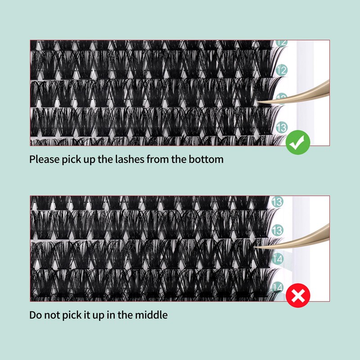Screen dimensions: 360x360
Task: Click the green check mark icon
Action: [x=298, y=142]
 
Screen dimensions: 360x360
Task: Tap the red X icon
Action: [x=298, y=295]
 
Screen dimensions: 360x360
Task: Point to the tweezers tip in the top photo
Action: [x=257, y=103]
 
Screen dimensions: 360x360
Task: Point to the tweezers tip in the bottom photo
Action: [x=254, y=247]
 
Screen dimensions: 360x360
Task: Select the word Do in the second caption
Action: [x=36, y=315]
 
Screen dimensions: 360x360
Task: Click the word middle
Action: [x=151, y=315]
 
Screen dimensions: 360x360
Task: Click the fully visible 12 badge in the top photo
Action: [x=282, y=70]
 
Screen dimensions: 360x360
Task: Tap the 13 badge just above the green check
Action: [x=282, y=128]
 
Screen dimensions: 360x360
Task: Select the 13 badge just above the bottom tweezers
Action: [x=277, y=230]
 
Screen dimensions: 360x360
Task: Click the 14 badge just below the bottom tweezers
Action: [x=277, y=259]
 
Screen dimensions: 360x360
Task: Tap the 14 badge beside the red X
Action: [x=277, y=288]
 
